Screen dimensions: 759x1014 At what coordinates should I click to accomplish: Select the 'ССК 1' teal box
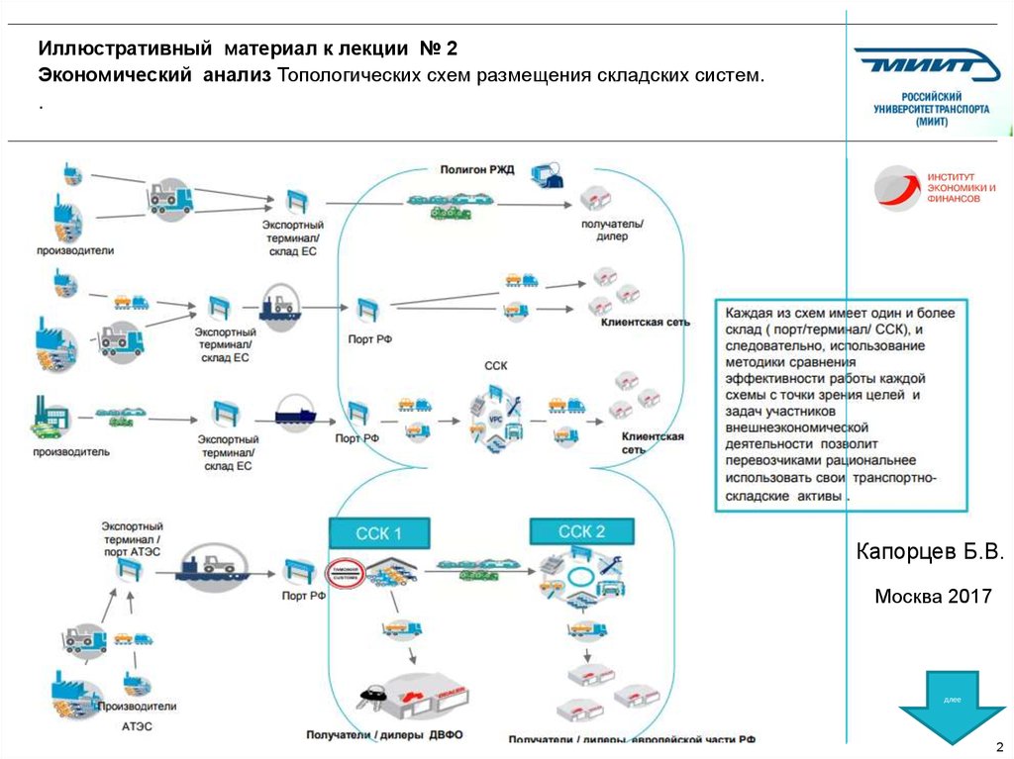(x=378, y=534)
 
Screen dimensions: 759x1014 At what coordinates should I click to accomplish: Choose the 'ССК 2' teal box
(x=581, y=531)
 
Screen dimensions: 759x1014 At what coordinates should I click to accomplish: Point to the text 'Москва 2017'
(x=932, y=597)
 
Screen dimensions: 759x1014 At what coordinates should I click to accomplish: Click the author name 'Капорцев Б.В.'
(x=931, y=550)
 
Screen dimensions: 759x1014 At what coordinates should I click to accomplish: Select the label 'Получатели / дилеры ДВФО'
(x=384, y=735)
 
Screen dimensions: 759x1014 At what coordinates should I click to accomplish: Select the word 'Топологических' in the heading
(x=345, y=75)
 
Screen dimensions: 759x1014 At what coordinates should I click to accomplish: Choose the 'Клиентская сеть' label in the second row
(x=645, y=323)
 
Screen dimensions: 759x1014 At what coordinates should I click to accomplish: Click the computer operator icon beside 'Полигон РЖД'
(x=546, y=176)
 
